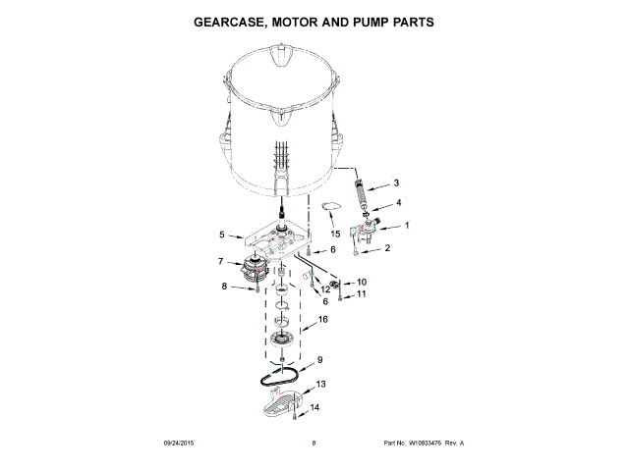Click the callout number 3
click(x=395, y=183)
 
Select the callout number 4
click(x=399, y=203)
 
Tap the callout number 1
click(x=406, y=227)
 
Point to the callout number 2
click(x=386, y=248)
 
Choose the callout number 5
click(x=222, y=235)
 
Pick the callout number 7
click(x=221, y=262)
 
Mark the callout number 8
click(x=223, y=287)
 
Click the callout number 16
click(x=322, y=319)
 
